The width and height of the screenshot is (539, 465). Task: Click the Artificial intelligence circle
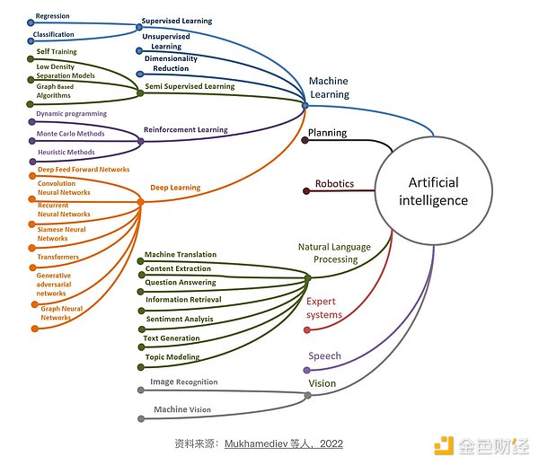tap(434, 190)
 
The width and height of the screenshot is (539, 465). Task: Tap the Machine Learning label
tap(328, 87)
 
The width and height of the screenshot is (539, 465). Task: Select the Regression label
tap(53, 15)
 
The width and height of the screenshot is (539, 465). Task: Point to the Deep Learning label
tap(176, 188)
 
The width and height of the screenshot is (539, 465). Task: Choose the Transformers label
tap(57, 257)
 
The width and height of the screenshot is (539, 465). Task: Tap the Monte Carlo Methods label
tap(70, 134)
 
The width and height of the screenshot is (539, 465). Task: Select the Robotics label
tap(334, 184)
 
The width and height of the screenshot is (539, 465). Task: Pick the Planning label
tap(328, 133)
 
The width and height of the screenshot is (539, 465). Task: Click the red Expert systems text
tap(324, 308)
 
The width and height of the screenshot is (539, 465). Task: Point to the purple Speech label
tap(324, 355)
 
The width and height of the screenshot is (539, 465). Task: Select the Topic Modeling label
tap(172, 356)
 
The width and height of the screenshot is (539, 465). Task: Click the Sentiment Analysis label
tap(180, 319)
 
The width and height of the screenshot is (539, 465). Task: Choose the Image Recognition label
tap(183, 382)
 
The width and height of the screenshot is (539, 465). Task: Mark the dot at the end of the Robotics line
tap(305, 190)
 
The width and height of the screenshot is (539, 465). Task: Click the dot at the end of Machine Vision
tap(139, 418)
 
